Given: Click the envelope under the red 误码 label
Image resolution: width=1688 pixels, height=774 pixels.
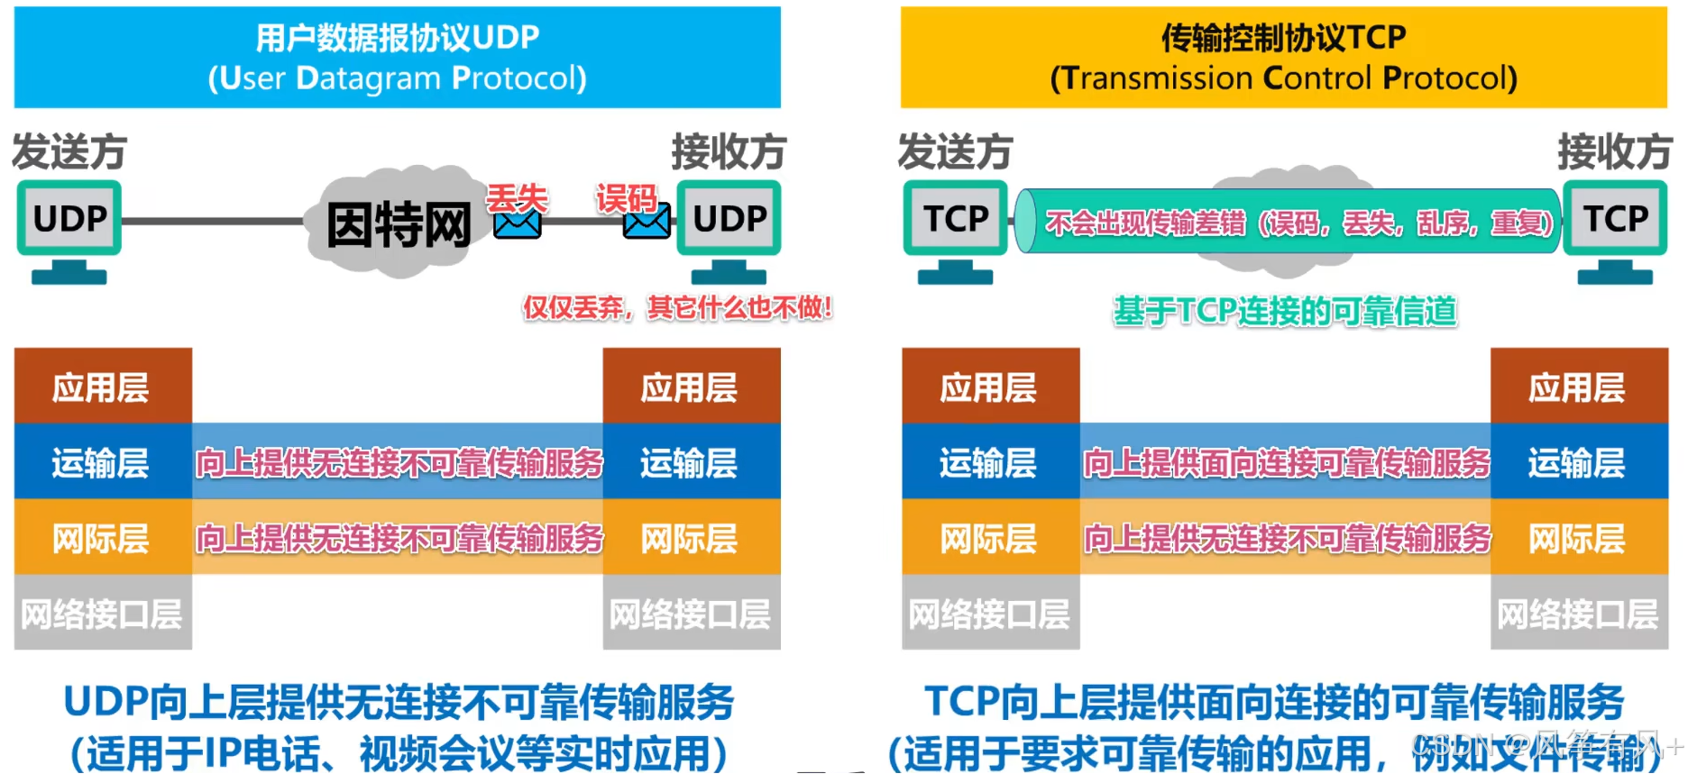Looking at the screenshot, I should pos(647,222).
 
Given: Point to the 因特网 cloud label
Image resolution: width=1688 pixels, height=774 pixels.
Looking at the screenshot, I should pos(399,224).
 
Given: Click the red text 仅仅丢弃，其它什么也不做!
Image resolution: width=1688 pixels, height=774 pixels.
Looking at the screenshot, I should pos(677,308).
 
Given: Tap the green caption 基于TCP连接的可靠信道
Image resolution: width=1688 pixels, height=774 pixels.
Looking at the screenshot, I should pos(1285,311).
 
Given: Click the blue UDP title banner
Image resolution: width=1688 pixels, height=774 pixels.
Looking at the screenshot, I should pos(397,58).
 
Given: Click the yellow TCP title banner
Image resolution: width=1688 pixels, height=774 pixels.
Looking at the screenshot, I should pos(1283,58).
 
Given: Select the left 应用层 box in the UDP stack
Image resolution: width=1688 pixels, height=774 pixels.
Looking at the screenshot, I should pos(102,387).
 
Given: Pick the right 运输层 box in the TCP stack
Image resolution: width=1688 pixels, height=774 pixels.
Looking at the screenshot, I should pos(1578,462).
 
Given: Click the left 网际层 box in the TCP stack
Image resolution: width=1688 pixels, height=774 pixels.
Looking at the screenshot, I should pos(989,538).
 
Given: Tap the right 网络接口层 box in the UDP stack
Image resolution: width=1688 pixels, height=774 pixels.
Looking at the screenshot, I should pos(691,614).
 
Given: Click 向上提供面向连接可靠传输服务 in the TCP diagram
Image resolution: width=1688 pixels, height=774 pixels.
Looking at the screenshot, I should pos(1286,462).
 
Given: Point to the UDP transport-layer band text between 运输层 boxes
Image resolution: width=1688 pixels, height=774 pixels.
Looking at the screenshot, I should pos(399,462).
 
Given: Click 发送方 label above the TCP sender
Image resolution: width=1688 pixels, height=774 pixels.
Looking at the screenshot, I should pos(955,151).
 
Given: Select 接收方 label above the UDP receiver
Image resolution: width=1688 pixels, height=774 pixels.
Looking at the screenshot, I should pos(729,151).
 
